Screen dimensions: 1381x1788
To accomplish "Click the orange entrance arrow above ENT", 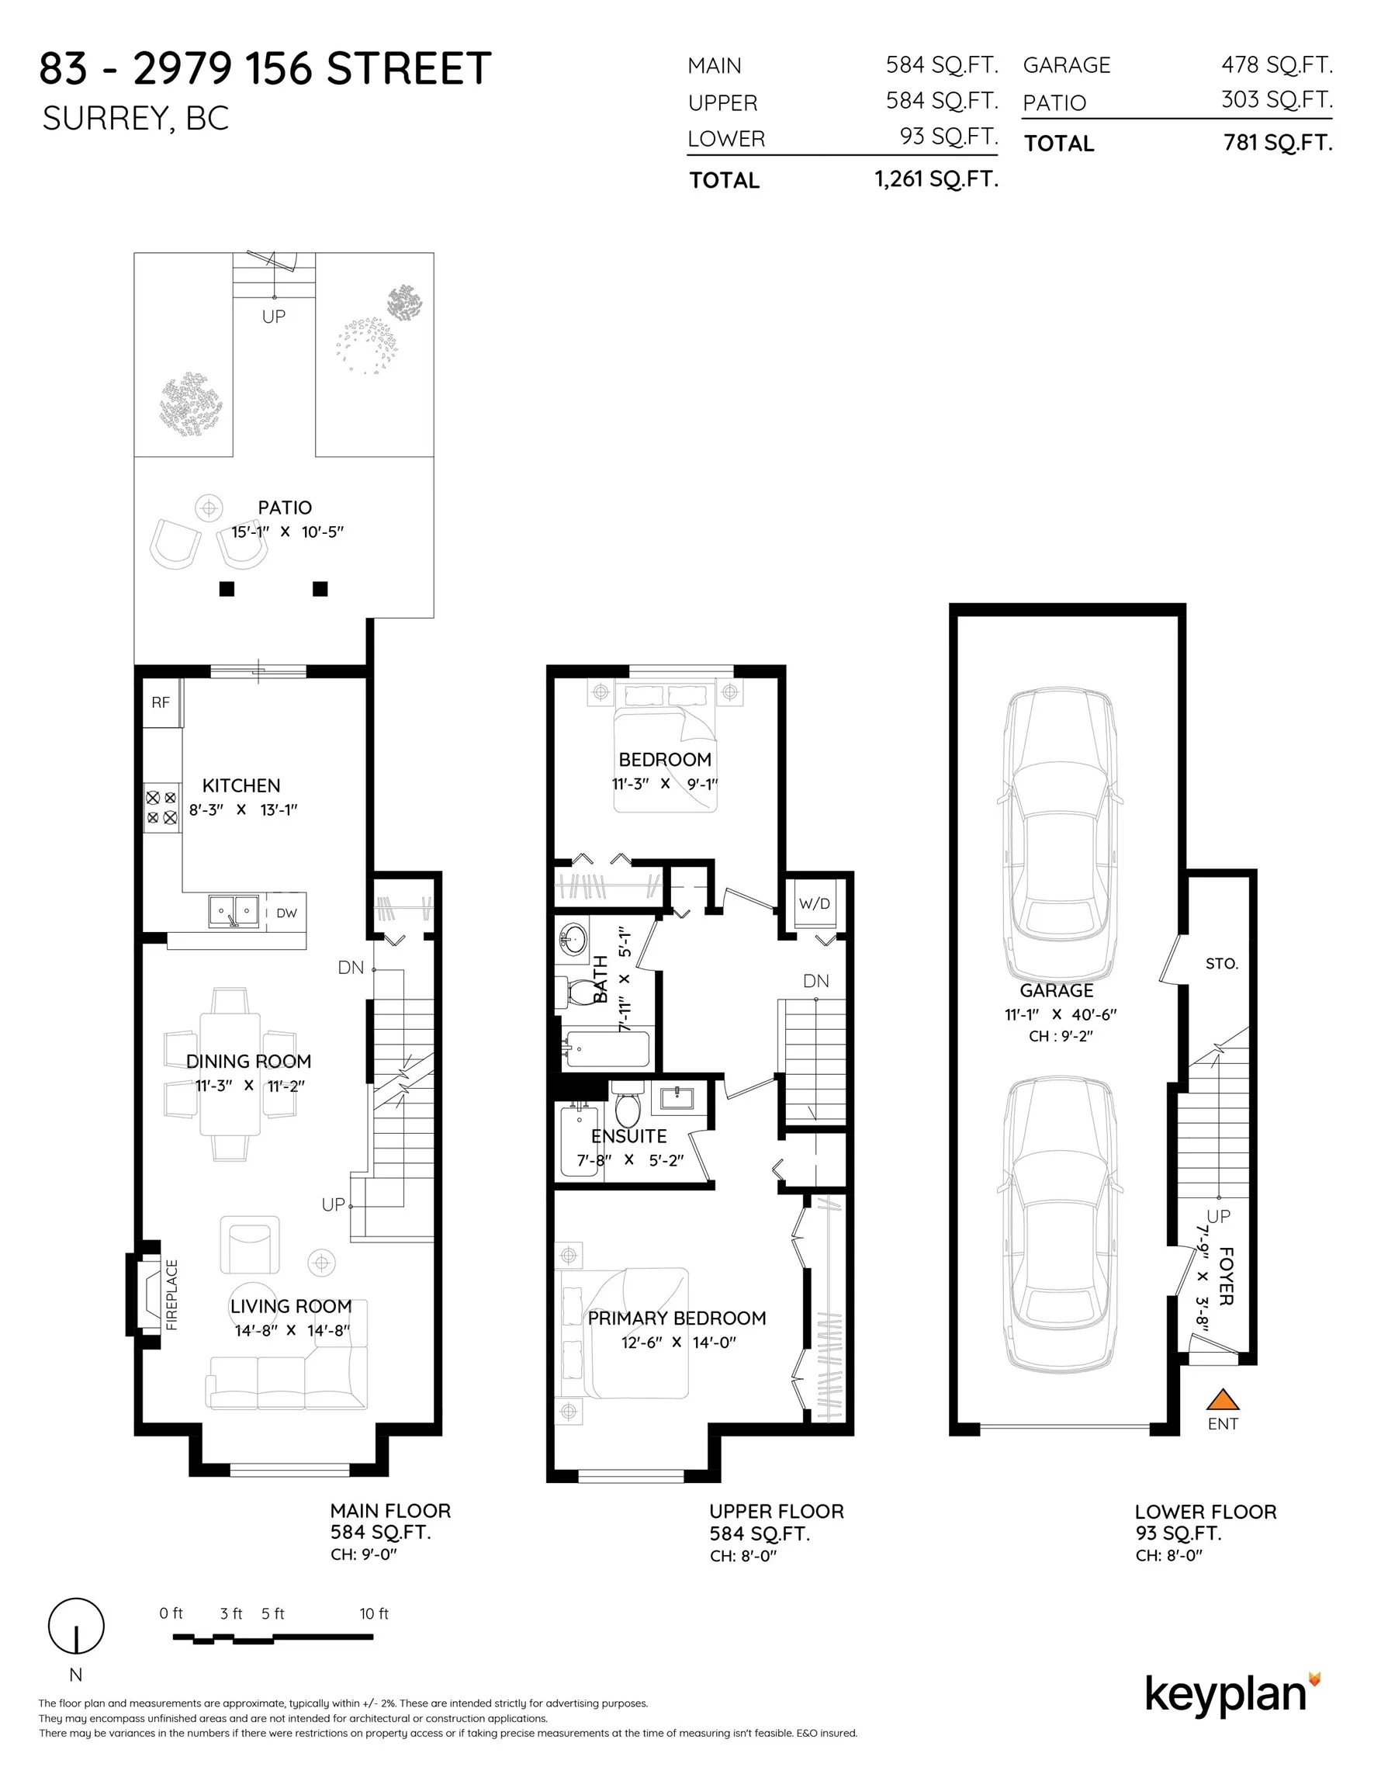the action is (1222, 1399).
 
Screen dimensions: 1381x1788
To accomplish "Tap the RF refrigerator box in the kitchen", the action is (162, 702).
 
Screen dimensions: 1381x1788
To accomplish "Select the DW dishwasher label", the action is (286, 913).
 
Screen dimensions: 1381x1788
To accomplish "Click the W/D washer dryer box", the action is (815, 904).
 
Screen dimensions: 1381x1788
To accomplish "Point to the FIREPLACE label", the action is (171, 1294).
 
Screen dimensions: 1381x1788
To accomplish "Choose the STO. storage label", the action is (1221, 964).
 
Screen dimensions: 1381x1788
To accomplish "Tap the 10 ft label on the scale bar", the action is (374, 1613).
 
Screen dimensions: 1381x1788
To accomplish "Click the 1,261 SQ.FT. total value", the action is (936, 179).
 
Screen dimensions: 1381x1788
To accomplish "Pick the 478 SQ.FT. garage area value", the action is (1277, 64).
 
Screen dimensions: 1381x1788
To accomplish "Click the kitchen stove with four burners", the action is (162, 807).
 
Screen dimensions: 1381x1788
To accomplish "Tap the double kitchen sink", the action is (234, 911).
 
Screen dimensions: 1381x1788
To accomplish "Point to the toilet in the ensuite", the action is (628, 1104).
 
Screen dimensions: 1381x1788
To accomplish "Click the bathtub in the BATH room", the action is (606, 1048).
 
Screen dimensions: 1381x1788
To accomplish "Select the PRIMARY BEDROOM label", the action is (677, 1318).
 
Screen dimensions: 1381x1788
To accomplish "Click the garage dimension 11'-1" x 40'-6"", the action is (1061, 1014).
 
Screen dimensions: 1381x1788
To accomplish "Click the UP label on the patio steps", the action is (273, 316).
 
